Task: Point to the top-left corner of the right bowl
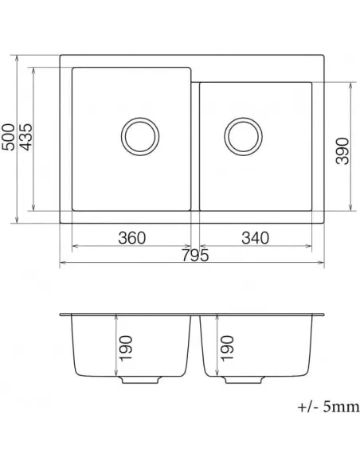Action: coord(200,80)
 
